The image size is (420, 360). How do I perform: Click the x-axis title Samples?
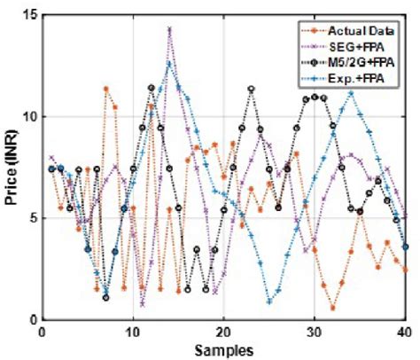223,348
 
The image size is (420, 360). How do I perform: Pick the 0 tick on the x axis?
43,332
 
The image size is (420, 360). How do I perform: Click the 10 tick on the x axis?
133,332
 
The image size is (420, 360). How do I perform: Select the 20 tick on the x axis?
224,332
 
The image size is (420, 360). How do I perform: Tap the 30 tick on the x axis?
315,332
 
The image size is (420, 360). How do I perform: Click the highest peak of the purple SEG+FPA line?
169,29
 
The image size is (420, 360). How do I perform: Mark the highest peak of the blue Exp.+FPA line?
169,62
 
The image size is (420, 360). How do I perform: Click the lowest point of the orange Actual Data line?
333,308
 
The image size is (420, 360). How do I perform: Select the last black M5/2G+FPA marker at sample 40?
406,247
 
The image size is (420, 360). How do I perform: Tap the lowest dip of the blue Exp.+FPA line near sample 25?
269,301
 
